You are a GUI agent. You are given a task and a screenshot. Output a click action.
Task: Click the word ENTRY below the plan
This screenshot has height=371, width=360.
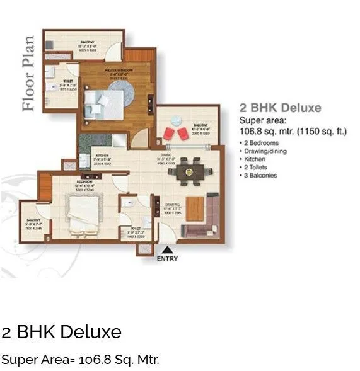coord(167,258)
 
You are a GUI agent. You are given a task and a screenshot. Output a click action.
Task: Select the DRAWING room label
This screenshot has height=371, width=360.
coord(173,205)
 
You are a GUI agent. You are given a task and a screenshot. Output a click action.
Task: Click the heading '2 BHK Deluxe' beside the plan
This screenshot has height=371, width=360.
coord(280,108)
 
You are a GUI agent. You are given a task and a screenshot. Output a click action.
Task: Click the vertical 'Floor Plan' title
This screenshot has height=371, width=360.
coord(28,74)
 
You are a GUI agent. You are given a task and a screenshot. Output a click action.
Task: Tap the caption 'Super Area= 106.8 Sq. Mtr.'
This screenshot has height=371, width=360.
coord(80,360)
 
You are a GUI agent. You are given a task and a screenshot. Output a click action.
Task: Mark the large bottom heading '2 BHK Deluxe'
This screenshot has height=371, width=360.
coord(61,332)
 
